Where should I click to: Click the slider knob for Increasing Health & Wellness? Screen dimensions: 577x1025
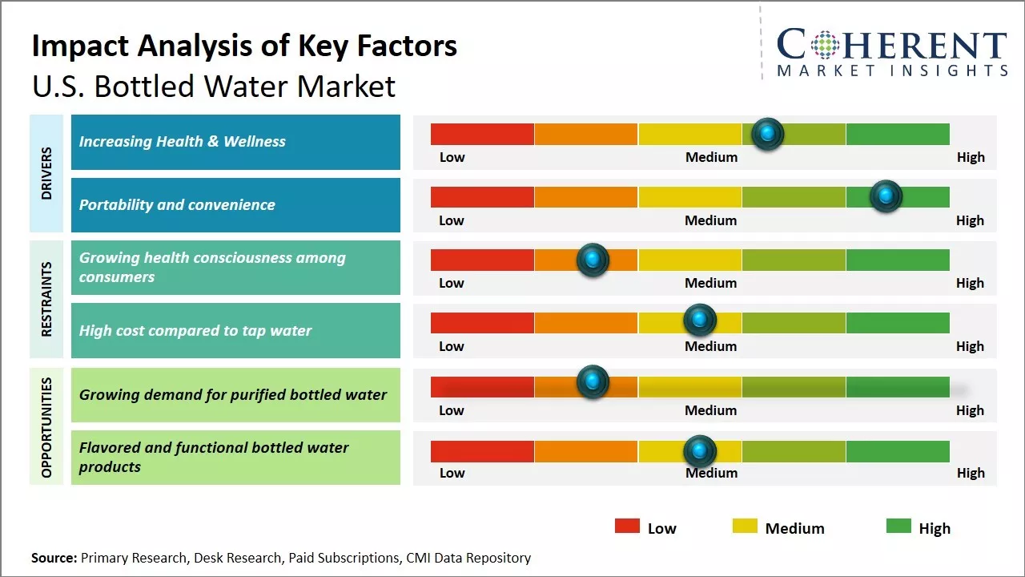[x=767, y=134]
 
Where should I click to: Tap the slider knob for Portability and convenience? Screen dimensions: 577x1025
[x=886, y=196]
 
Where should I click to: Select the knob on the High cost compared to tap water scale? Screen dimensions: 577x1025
[x=700, y=321]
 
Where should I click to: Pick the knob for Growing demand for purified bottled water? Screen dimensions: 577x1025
[x=593, y=381]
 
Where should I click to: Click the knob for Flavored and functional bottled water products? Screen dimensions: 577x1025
[x=700, y=451]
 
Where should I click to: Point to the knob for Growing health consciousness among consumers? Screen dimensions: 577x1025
[x=593, y=259]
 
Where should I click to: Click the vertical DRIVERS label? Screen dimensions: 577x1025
[x=46, y=173]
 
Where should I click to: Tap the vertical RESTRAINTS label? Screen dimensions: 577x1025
[x=46, y=299]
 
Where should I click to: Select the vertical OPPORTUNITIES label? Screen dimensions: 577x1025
[x=46, y=427]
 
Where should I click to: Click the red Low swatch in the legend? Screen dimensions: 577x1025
[x=627, y=527]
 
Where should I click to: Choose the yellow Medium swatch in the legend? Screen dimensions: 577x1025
[x=745, y=527]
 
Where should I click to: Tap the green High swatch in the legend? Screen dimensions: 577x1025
[x=898, y=527]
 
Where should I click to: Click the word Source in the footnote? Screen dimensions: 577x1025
[x=54, y=558]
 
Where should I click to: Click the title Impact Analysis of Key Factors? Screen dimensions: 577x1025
[x=244, y=46]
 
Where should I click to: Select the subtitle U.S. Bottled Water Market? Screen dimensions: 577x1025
[x=214, y=87]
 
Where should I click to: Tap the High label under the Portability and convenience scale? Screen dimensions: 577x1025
[x=970, y=220]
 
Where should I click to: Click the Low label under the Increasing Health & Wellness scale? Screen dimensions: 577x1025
[x=452, y=157]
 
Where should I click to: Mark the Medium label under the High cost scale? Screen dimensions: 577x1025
[x=710, y=346]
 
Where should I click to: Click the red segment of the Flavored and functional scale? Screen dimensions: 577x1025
[x=482, y=452]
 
